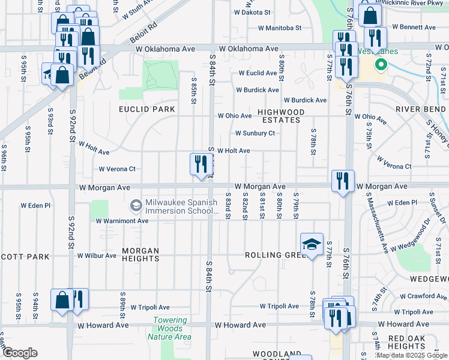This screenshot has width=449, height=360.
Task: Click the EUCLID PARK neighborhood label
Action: click(x=147, y=109)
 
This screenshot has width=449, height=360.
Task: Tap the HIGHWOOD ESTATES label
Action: click(x=281, y=116)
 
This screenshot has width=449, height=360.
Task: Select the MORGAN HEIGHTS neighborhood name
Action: click(x=140, y=255)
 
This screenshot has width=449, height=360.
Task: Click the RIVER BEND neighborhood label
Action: click(x=420, y=109)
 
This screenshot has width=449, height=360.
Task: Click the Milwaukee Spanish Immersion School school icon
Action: click(x=136, y=206)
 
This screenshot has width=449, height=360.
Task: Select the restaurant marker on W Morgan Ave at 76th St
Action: click(x=343, y=181)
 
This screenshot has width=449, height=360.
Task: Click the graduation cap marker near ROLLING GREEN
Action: click(x=312, y=244)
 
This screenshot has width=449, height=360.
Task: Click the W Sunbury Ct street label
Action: click(x=255, y=133)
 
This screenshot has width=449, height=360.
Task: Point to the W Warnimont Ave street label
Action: click(x=122, y=221)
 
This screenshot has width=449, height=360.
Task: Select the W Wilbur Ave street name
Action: click(x=97, y=256)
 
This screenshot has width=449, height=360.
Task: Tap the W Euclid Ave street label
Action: click(x=257, y=73)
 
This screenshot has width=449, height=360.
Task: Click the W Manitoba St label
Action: click(x=280, y=28)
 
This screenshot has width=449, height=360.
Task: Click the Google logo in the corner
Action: click(x=19, y=353)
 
